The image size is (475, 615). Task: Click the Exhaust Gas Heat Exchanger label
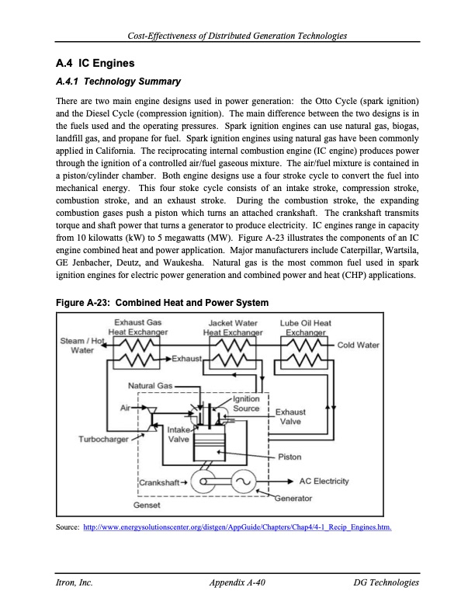(x=138, y=327)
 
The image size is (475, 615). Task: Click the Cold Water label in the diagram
(x=358, y=345)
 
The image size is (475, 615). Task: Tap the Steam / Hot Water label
(x=82, y=346)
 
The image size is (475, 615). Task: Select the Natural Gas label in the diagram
(x=149, y=385)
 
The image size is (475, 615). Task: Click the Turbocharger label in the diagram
(x=103, y=439)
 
